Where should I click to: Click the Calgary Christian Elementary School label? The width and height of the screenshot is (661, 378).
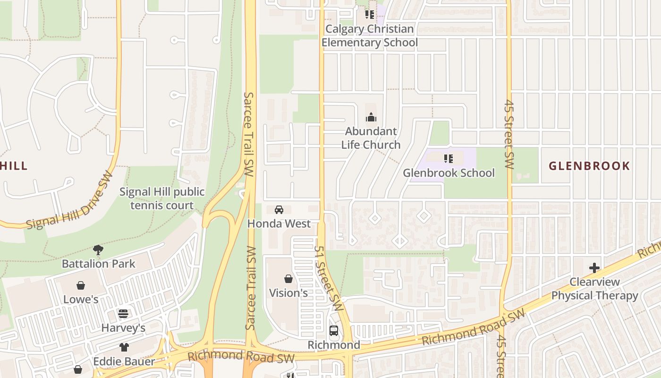point(370,36)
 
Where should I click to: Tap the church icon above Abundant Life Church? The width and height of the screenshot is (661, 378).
point(371,117)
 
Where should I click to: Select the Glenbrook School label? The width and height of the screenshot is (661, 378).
point(449,173)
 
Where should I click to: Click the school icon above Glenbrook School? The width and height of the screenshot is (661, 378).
point(449,159)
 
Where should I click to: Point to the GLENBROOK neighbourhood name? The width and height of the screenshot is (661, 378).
point(589,166)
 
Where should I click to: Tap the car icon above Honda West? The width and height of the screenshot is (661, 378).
point(279,209)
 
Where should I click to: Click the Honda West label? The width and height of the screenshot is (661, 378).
point(279,223)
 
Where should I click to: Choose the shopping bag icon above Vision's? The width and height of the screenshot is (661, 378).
point(288,279)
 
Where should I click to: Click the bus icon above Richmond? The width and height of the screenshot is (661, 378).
point(334,330)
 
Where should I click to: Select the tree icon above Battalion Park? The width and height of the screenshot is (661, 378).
point(98,249)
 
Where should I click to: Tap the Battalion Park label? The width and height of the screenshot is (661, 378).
point(99,264)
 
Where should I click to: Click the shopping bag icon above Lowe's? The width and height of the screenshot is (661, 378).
point(81,285)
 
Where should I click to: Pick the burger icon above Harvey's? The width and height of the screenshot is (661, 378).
point(123,314)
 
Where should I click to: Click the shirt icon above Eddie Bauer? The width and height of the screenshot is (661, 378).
point(124,347)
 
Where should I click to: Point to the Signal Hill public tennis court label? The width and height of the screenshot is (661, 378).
point(162,198)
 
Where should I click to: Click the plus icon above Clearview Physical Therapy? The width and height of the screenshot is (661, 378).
point(594,268)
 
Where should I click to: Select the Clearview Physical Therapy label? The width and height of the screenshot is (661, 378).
point(594,289)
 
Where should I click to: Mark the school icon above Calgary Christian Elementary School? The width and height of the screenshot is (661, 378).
point(370,15)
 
